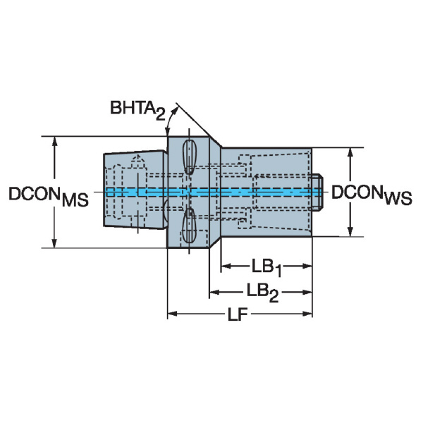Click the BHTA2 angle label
tap(137, 109)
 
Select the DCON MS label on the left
tap(49, 196)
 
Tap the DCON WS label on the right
tap(372, 195)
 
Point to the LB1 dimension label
tap(266, 268)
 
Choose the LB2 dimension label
tap(262, 293)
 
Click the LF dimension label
tap(238, 314)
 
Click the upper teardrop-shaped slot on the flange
tap(189, 157)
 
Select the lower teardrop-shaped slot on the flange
tap(188, 226)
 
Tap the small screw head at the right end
tap(317, 192)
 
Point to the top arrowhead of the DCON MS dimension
tap(55, 142)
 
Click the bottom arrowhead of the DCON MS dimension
tap(54, 243)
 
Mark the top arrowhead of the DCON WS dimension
tap(350, 153)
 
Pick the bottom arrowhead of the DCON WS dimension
tap(350, 231)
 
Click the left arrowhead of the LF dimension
tap(173, 314)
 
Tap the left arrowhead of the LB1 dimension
tap(226, 266)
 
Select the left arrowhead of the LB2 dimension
tap(215, 292)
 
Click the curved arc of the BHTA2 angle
tap(170, 120)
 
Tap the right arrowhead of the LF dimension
tap(307, 314)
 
